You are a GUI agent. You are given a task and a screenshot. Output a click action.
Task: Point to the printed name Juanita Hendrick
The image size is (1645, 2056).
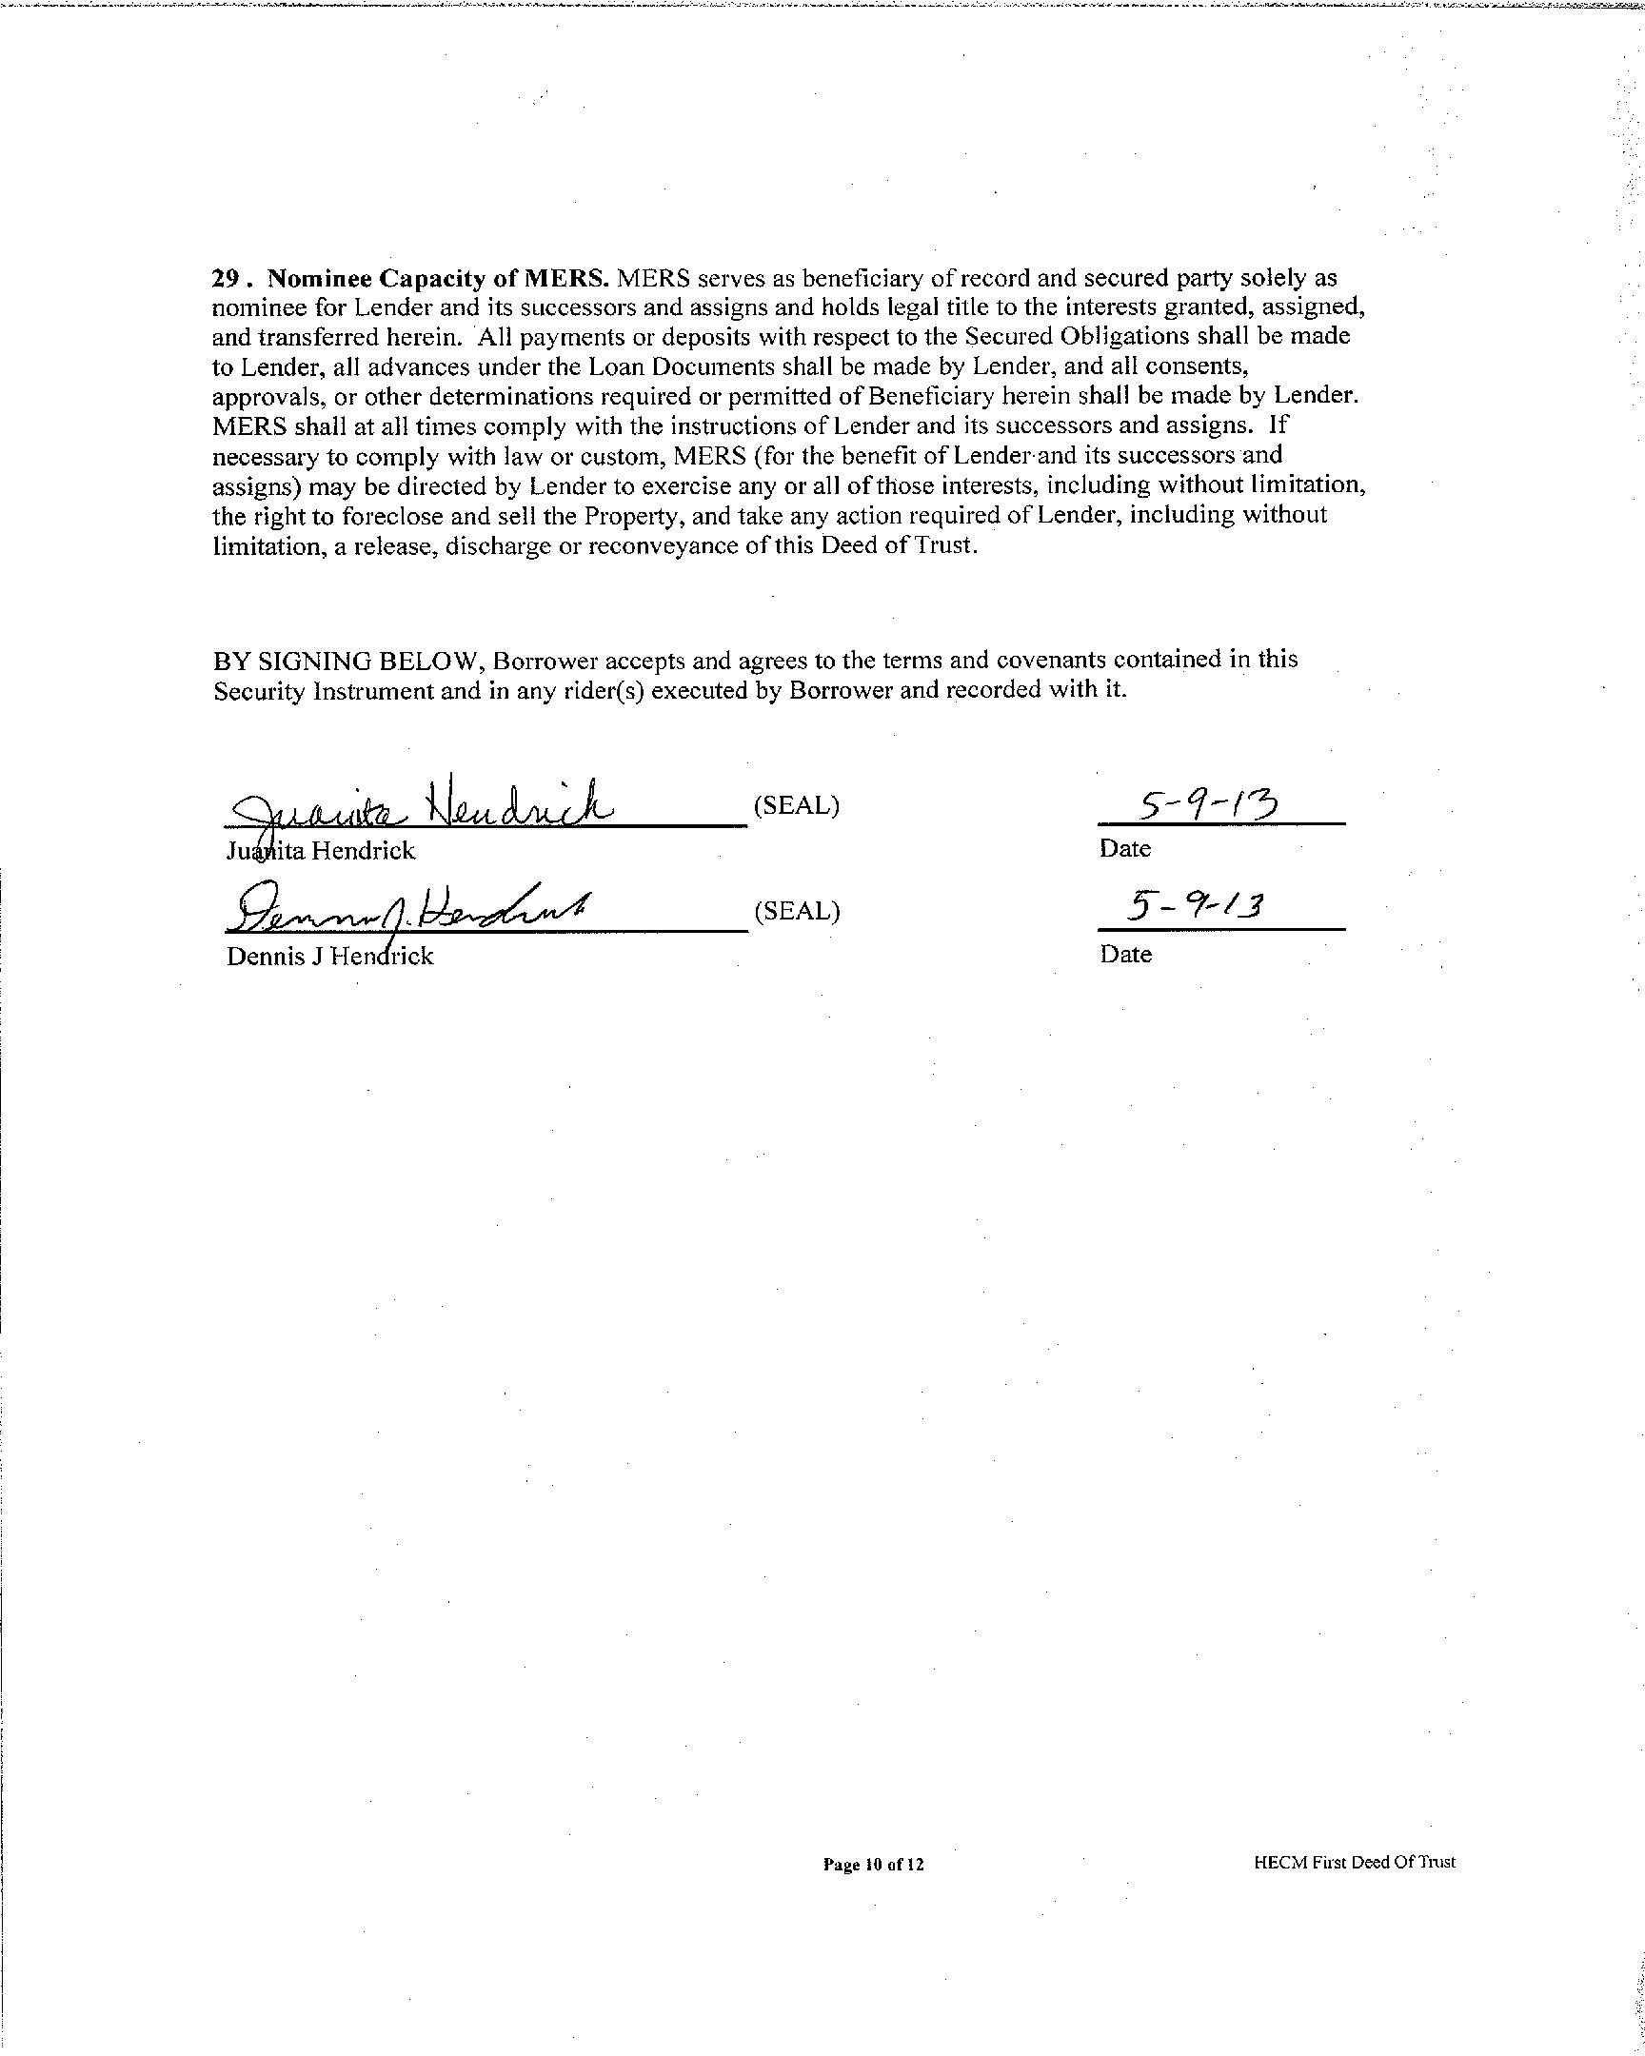point(321,851)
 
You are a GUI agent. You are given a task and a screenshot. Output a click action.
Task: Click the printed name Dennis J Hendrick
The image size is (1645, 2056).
point(330,956)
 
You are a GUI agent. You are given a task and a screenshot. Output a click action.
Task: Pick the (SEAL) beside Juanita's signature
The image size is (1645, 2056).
point(796,806)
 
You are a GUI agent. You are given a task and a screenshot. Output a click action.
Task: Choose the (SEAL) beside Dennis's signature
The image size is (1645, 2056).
point(796,911)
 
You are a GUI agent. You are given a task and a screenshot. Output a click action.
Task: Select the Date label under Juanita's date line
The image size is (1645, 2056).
point(1125,849)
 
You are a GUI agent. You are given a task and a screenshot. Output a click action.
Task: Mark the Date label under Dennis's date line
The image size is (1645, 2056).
point(1125,954)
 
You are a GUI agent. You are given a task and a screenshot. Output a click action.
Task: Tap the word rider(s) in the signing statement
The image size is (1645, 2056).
point(602,690)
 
